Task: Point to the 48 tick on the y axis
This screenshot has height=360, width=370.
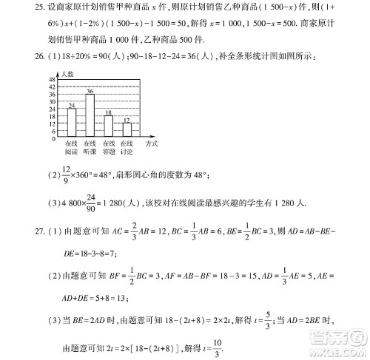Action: [x=53, y=78]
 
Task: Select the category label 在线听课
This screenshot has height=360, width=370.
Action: [x=90, y=147]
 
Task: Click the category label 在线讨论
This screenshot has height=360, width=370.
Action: [x=127, y=147]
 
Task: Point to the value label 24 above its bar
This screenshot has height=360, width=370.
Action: [x=72, y=105]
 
